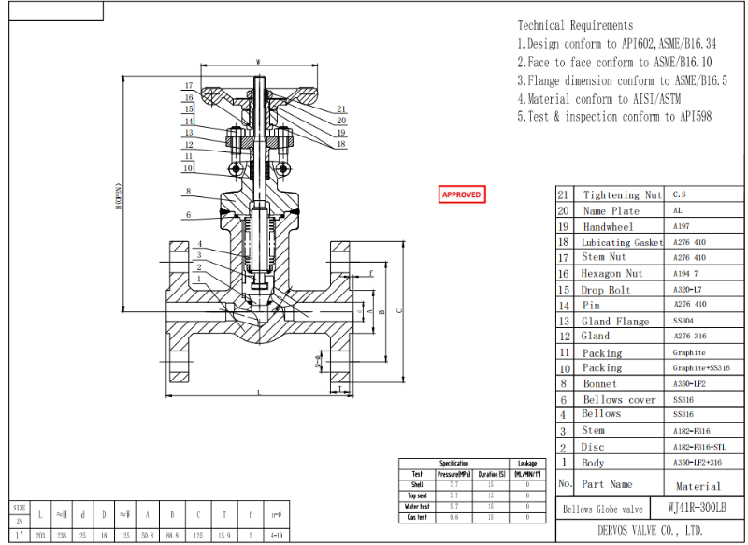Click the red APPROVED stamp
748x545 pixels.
(x=461, y=194)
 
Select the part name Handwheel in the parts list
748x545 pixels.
(x=608, y=226)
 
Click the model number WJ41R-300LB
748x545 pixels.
(x=698, y=509)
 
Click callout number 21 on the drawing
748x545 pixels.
(x=341, y=109)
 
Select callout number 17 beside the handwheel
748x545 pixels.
(x=188, y=85)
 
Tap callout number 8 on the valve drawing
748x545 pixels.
(x=188, y=192)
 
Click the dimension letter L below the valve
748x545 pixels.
(x=259, y=393)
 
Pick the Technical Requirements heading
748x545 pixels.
(x=575, y=25)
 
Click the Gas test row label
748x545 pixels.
(x=417, y=517)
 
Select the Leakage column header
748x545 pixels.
(x=527, y=463)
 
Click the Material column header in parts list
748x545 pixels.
(x=698, y=486)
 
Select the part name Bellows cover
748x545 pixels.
(x=618, y=399)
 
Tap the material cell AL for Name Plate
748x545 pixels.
(x=678, y=210)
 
